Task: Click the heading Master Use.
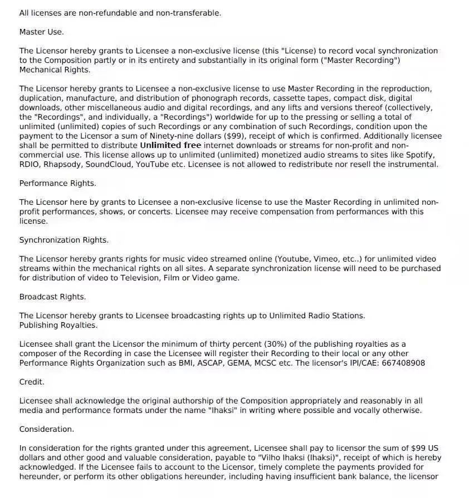41,32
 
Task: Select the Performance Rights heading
57,183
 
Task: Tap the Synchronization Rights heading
63,240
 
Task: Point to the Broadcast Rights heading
52,297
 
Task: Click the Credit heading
32,382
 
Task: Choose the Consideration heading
46,429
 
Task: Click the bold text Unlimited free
170,145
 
